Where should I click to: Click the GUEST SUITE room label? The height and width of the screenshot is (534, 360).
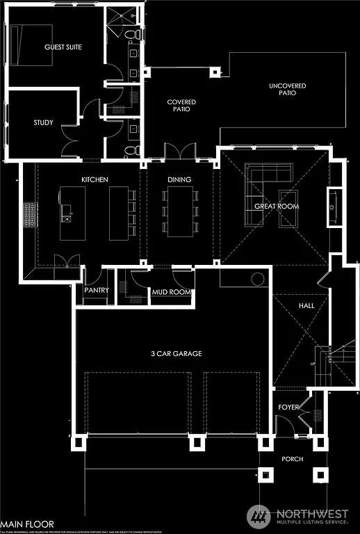click(x=63, y=47)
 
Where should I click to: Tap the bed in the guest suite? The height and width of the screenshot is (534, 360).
click(x=31, y=44)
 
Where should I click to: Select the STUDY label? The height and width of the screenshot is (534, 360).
click(x=43, y=123)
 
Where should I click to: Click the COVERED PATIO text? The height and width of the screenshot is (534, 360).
click(x=181, y=106)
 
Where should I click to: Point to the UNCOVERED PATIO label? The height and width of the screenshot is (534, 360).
click(x=287, y=90)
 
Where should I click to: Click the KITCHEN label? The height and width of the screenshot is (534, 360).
click(x=95, y=180)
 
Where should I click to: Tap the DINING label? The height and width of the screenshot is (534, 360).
click(x=179, y=180)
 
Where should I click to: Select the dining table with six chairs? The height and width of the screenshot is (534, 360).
click(x=179, y=211)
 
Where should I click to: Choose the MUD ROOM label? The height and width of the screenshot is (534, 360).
click(x=171, y=293)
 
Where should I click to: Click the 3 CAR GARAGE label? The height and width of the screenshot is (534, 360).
click(x=177, y=354)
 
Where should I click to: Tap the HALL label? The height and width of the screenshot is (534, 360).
click(x=306, y=305)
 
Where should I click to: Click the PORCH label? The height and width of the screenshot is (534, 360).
click(x=292, y=460)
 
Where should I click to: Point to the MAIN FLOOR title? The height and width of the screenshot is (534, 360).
click(x=26, y=523)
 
